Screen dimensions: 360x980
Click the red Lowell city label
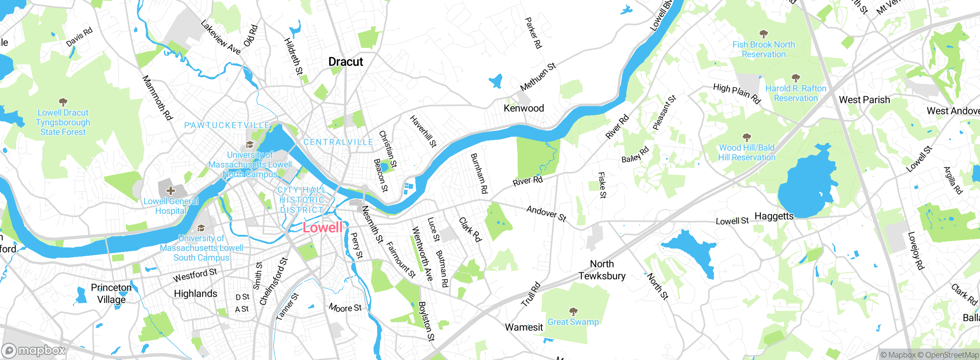322,227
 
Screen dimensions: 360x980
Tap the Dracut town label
346,62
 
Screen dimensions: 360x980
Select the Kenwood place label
524,108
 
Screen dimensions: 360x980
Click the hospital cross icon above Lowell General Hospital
171,190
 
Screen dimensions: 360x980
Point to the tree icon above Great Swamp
573,311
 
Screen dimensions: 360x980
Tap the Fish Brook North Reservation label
763,50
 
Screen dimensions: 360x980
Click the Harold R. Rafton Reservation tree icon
795,78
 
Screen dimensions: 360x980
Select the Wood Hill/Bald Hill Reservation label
746,152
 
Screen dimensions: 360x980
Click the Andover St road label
546,214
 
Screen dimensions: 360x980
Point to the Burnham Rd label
479,173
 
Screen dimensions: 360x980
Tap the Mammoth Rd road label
157,98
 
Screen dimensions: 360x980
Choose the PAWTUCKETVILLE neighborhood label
227,126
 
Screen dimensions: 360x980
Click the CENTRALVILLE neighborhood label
338,142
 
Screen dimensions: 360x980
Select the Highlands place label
196,294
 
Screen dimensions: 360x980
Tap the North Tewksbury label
602,270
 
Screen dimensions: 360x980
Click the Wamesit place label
524,327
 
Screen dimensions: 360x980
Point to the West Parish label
864,100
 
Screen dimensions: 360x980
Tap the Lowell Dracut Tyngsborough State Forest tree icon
63,102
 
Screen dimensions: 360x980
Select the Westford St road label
195,275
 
